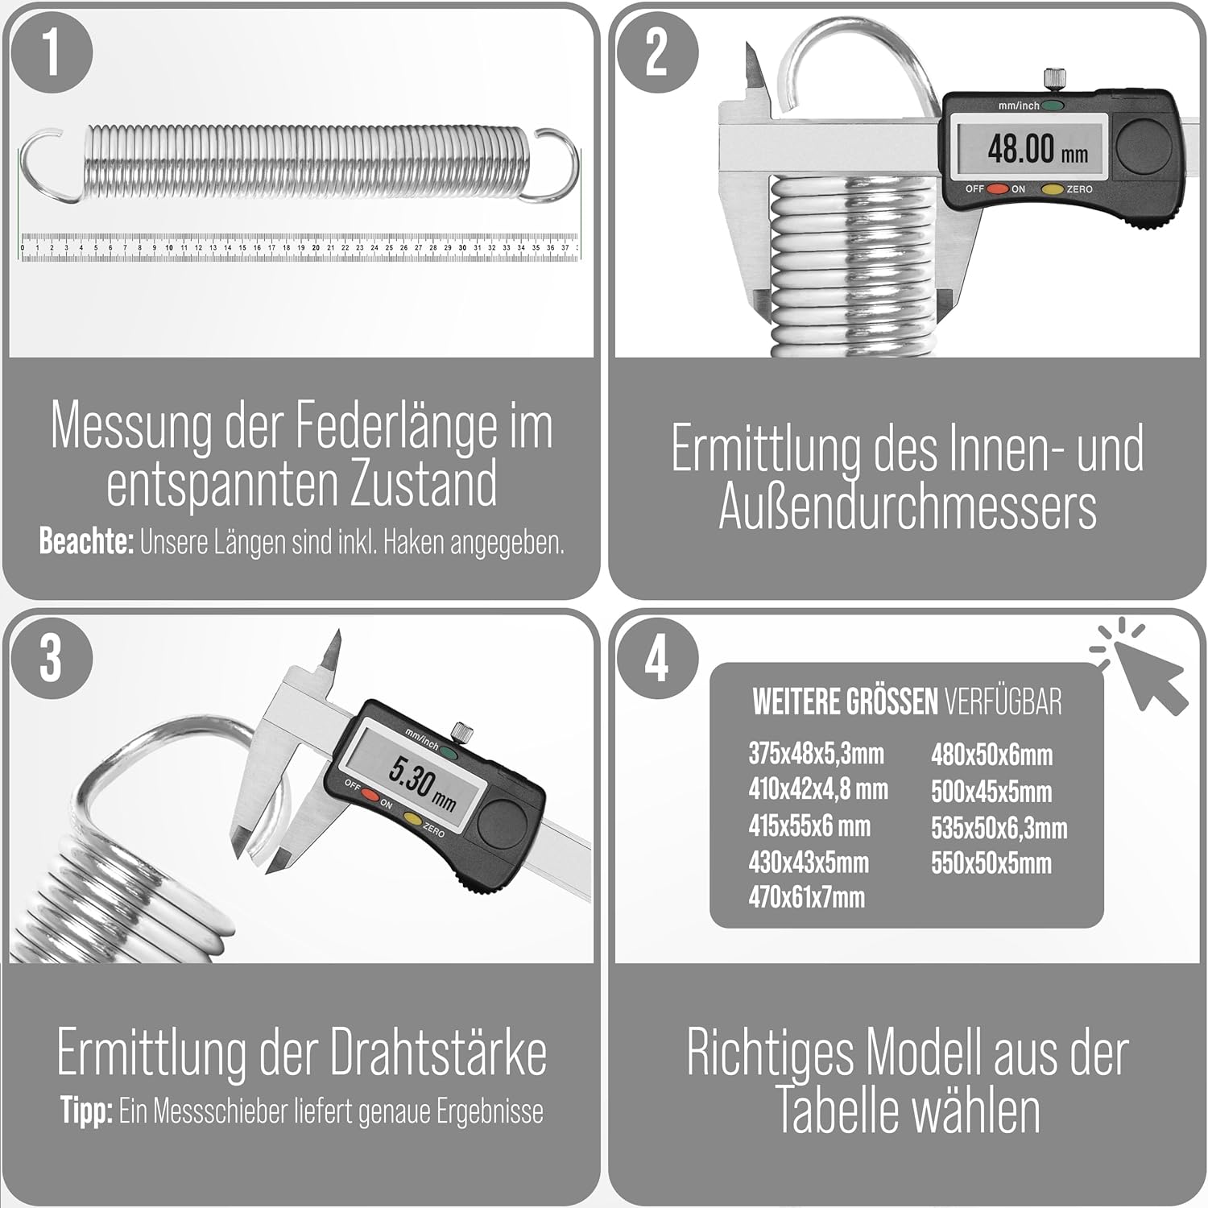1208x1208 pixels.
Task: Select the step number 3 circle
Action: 52,660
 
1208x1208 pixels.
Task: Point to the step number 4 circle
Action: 657,660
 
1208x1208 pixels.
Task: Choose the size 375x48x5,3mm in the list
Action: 816,754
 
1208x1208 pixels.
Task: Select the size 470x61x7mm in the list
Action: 806,897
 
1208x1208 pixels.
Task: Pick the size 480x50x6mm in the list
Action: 991,755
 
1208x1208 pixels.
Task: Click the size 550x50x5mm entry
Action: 991,863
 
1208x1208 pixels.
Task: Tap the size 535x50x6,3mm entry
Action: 999,828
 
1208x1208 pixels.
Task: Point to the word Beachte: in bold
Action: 86,542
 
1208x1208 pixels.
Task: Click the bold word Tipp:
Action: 86,1112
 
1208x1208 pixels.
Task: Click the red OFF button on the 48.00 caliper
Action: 999,189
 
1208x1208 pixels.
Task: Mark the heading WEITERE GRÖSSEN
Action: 845,702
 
